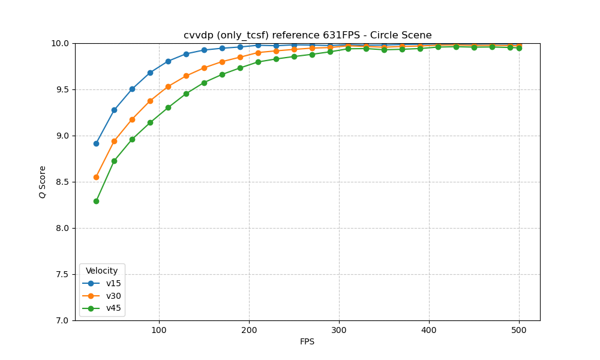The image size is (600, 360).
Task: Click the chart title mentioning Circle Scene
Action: coord(307,35)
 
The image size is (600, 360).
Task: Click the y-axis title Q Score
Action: coord(43,182)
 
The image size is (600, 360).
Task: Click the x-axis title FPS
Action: coord(307,342)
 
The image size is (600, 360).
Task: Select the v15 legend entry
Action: coord(113,283)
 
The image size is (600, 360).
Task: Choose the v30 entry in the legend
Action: coord(113,296)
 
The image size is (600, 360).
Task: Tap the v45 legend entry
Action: coord(113,308)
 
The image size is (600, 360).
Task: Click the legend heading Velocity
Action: coord(101,271)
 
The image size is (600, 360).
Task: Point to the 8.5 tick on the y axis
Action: coord(62,182)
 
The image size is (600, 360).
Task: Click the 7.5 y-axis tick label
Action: coord(62,274)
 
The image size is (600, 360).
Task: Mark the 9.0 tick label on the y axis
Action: coord(62,136)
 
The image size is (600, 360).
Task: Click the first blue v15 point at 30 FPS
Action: coord(96,143)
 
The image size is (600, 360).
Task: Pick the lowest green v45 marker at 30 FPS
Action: coord(96,201)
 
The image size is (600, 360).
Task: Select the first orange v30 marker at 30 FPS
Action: coord(96,177)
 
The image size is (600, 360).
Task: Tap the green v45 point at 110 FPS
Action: coord(168,107)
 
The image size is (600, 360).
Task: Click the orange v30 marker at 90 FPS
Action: coord(150,101)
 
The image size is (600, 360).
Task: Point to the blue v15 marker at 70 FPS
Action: coord(132,89)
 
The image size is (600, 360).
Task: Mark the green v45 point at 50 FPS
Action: coord(114,161)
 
